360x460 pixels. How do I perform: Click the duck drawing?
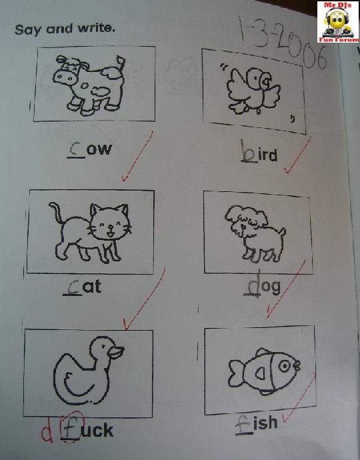click(88, 371)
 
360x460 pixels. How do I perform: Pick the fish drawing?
click(264, 371)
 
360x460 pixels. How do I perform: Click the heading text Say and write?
click(65, 29)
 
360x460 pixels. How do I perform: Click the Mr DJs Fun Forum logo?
click(338, 22)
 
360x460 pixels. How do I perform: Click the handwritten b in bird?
click(248, 151)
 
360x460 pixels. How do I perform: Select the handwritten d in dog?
click(253, 284)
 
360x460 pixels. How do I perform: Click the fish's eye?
click(284, 366)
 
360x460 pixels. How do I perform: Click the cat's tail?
click(56, 213)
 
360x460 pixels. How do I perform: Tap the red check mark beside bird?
click(298, 155)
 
